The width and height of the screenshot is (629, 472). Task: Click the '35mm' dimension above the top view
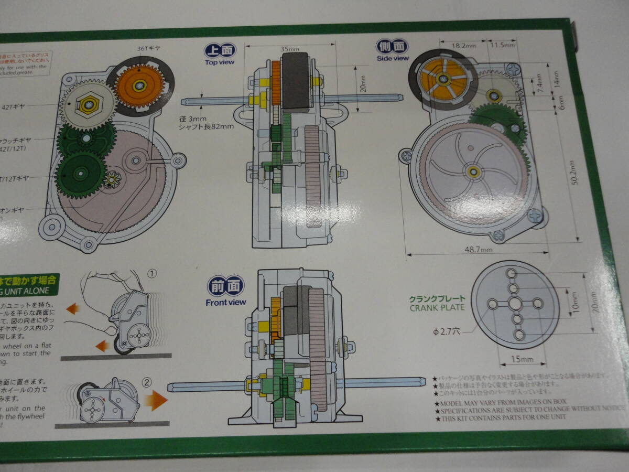pyautogui.click(x=290, y=49)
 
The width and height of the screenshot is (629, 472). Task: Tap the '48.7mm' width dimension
pyautogui.click(x=478, y=251)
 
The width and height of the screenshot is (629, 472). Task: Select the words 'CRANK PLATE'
pyautogui.click(x=437, y=307)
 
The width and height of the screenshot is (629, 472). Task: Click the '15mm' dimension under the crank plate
pyautogui.click(x=522, y=359)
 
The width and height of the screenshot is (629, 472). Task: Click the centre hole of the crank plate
pyautogui.click(x=515, y=304)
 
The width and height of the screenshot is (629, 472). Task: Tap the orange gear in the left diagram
pyautogui.click(x=139, y=85)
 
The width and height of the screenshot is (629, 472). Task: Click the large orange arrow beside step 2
pyautogui.click(x=156, y=401)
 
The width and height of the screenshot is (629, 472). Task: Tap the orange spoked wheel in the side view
pyautogui.click(x=443, y=79)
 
